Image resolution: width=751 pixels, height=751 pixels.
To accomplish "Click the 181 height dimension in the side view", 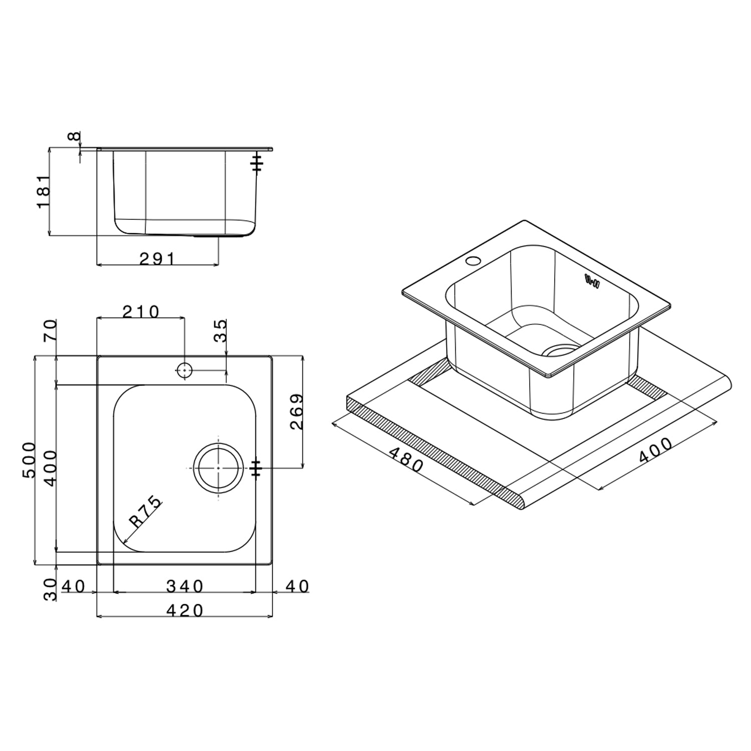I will pyautogui.click(x=44, y=191).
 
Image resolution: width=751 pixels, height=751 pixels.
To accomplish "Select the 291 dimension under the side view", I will pyautogui.click(x=157, y=258).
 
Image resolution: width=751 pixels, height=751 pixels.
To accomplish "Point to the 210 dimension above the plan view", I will pyautogui.click(x=141, y=311).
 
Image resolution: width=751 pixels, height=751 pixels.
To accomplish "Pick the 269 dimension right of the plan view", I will pyautogui.click(x=297, y=412).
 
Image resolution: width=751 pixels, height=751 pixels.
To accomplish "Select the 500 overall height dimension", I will pyautogui.click(x=29, y=460).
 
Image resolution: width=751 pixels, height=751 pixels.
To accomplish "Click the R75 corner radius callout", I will pyautogui.click(x=146, y=512).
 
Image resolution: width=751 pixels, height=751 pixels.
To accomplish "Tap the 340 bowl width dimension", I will pyautogui.click(x=185, y=585).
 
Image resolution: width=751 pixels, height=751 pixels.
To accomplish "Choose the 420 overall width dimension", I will pyautogui.click(x=185, y=610).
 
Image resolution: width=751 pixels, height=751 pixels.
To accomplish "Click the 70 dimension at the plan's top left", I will pyautogui.click(x=51, y=330).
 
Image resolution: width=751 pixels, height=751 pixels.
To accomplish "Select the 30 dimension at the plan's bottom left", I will pyautogui.click(x=51, y=589).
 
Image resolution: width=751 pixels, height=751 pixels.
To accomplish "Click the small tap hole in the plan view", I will pyautogui.click(x=184, y=370).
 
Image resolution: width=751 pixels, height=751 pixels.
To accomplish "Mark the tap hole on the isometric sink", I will pyautogui.click(x=473, y=261).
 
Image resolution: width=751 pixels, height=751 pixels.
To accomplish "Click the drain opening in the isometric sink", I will pyautogui.click(x=561, y=349).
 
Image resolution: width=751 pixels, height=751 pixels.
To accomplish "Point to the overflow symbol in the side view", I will pyautogui.click(x=257, y=163).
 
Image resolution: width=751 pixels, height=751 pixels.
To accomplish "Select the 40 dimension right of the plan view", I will pyautogui.click(x=297, y=585).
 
